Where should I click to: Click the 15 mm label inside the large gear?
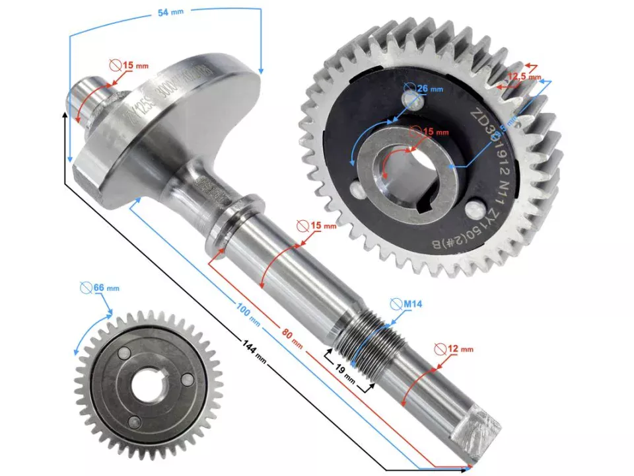tap(435, 132)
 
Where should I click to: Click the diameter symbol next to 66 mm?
tap(86, 288)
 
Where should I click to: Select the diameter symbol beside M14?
tap(395, 304)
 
